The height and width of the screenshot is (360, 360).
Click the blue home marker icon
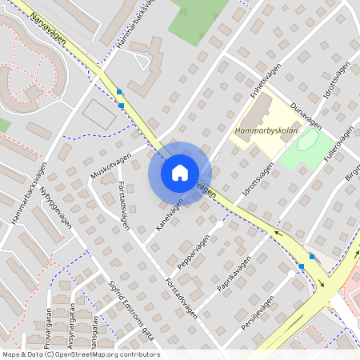pyautogui.click(x=179, y=173)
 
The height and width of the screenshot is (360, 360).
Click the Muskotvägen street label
pyautogui.click(x=110, y=163)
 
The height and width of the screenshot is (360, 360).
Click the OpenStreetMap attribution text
pyautogui.click(x=81, y=354)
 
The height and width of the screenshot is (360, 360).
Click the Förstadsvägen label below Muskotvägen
pyautogui.click(x=125, y=198)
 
